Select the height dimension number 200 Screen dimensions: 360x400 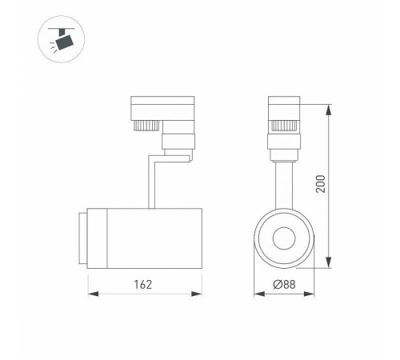(x=342, y=186)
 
